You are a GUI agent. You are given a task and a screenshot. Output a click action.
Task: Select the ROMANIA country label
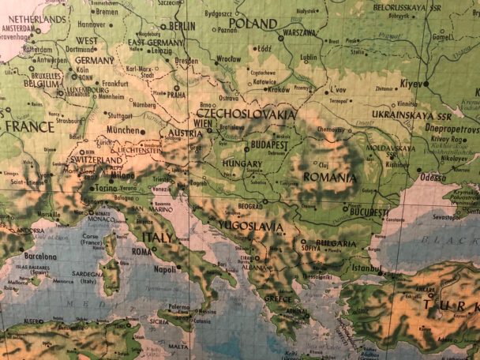pos(330,178)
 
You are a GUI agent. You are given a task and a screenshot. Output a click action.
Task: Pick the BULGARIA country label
pos(336,222)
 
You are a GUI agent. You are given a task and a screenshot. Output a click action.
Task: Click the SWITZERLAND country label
pos(96,159)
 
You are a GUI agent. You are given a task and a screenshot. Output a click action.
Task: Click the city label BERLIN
pos(182,26)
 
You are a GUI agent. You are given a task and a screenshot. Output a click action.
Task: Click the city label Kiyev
pos(412,82)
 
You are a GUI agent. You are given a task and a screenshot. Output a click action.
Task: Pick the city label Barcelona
pos(39,256)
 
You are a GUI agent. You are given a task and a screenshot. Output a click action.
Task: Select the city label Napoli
pos(165,268)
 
